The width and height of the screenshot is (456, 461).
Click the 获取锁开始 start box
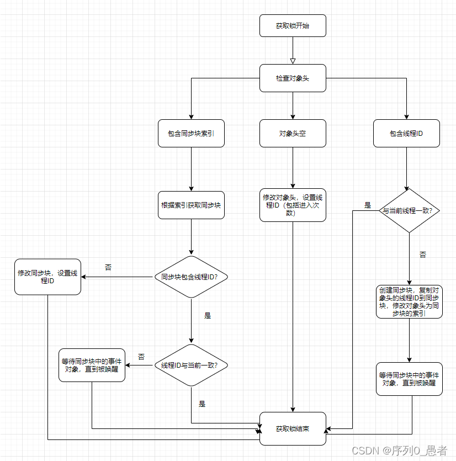pyautogui.click(x=293, y=26)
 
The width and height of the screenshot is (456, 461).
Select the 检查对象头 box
pyautogui.click(x=293, y=78)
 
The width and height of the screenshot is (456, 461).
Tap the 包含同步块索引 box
pyautogui.click(x=191, y=134)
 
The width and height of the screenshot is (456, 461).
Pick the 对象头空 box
pyautogui.click(x=293, y=134)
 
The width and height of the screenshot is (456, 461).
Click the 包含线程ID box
pyautogui.click(x=406, y=134)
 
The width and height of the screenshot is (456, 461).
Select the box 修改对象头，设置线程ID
pyautogui.click(x=293, y=205)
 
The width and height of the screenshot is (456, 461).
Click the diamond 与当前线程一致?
pyautogui.click(x=409, y=210)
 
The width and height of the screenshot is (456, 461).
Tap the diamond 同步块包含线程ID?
pyautogui.click(x=191, y=277)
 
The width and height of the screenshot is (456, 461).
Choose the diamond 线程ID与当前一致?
pyautogui.click(x=191, y=365)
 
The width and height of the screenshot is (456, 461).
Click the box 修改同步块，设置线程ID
pyautogui.click(x=47, y=277)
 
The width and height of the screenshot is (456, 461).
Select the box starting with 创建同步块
pyautogui.click(x=409, y=301)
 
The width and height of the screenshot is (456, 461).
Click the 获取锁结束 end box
pyautogui.click(x=293, y=428)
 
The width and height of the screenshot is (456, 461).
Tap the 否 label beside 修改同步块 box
pyautogui.click(x=108, y=267)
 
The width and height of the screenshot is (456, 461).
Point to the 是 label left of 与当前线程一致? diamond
pyautogui.click(x=368, y=205)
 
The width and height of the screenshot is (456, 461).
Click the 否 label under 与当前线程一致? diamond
pyautogui.click(x=423, y=255)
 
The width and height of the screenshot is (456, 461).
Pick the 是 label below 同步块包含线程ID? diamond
pyautogui.click(x=208, y=316)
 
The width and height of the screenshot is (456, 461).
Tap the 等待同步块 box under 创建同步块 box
pyautogui.click(x=409, y=379)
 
